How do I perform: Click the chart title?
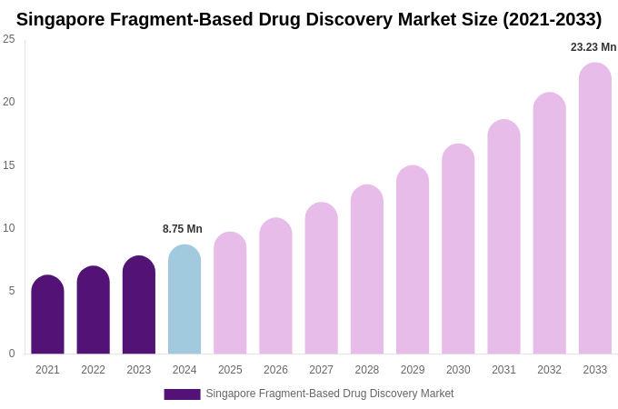309,19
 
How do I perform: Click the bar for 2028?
367,270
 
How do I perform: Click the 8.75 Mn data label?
183,229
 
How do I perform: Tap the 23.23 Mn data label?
593,47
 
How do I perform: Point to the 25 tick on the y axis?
9,39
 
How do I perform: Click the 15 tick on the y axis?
9,165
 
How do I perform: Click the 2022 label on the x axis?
93,370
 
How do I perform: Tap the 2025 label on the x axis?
230,370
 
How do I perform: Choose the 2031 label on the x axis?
503,370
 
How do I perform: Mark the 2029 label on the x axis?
413,370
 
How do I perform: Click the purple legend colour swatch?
182,394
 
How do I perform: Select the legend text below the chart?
329,394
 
